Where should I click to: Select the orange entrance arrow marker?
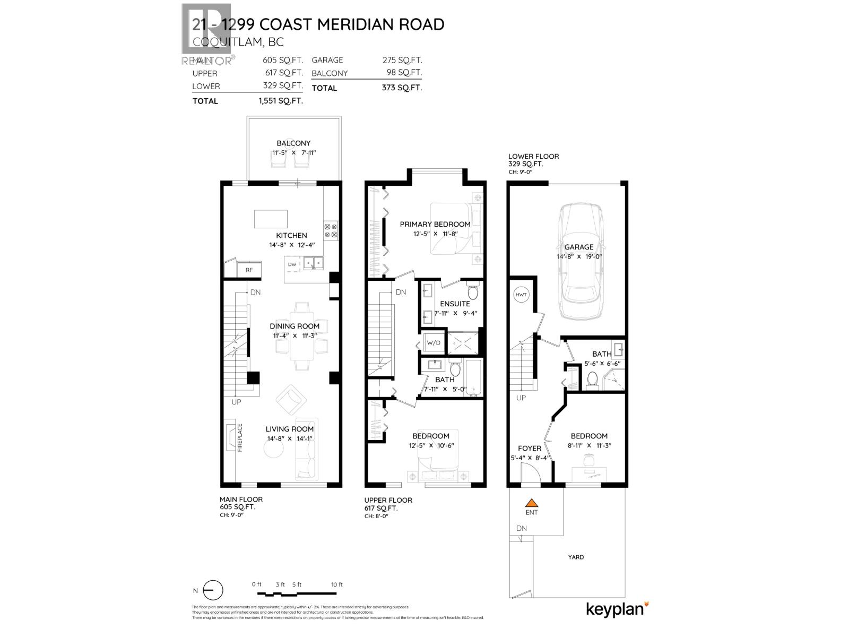[532, 503]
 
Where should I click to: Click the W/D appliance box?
[434, 343]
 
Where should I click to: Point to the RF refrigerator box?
[249, 270]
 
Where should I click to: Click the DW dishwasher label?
[292, 264]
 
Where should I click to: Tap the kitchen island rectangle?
[271, 219]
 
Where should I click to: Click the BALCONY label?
[293, 143]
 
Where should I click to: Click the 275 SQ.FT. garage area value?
[402, 61]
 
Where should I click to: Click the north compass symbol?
[213, 591]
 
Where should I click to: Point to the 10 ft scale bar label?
[336, 584]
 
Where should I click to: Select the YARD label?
[576, 557]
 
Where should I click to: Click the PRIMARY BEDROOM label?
[435, 224]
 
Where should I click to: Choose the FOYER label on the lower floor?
[529, 449]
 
